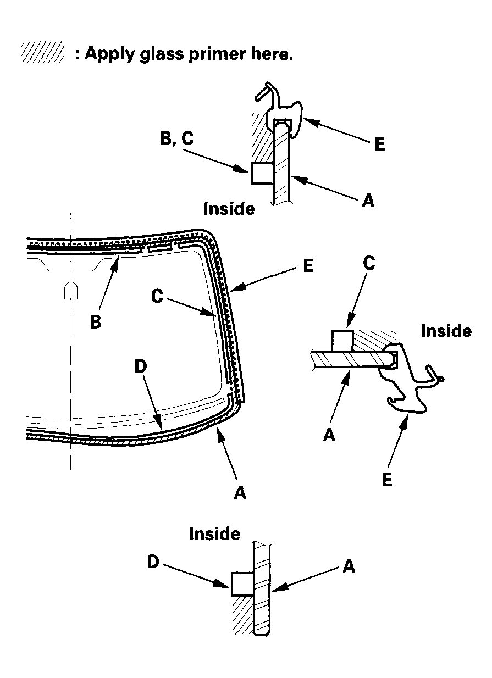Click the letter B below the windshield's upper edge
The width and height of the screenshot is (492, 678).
96,322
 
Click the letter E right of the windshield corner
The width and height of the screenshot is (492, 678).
308,266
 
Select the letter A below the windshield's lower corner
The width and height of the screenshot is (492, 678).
240,493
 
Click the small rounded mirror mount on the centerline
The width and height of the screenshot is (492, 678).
71,291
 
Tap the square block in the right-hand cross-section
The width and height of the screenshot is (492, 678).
342,340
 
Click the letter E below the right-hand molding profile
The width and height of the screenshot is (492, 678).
386,479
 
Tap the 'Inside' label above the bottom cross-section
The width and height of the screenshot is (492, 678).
214,533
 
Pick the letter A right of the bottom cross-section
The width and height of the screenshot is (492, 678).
349,565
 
